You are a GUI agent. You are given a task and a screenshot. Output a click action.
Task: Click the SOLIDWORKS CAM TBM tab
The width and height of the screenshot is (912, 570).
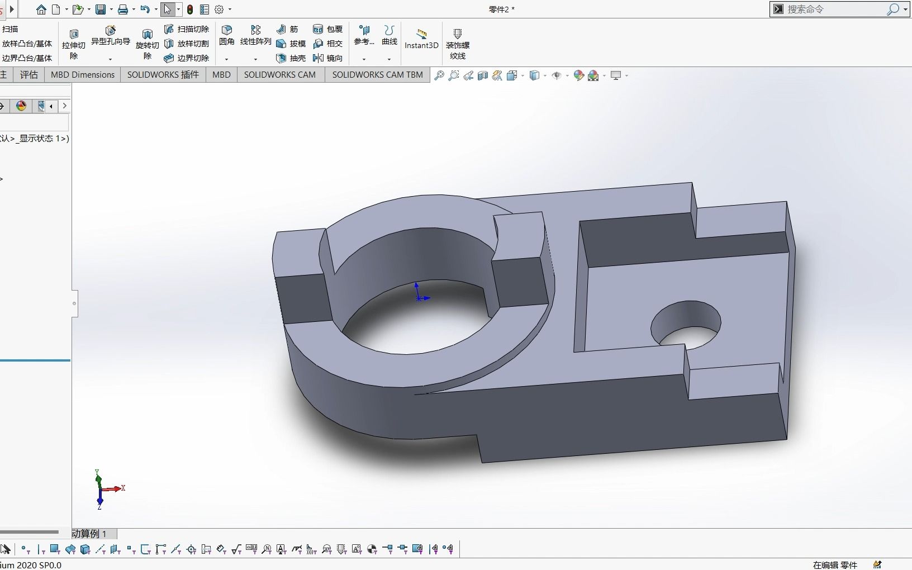tap(377, 75)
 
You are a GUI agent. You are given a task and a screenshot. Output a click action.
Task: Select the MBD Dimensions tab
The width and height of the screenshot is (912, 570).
tap(83, 75)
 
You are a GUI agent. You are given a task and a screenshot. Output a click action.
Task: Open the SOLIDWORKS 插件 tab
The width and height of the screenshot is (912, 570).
tap(163, 75)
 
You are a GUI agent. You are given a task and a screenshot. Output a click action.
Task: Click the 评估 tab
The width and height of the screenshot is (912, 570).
tap(29, 75)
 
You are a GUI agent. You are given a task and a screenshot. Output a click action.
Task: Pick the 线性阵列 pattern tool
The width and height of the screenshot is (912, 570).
tap(255, 35)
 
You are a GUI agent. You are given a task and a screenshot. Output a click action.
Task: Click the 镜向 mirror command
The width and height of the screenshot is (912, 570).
tap(328, 58)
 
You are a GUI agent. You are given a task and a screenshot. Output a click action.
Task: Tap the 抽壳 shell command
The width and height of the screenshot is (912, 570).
tap(291, 58)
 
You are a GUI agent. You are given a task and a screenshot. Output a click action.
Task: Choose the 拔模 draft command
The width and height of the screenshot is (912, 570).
tap(291, 44)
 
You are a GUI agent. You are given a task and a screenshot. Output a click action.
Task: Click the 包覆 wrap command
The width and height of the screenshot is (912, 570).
tap(328, 29)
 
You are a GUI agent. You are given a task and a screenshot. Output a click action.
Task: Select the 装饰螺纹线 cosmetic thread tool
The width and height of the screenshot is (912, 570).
tap(458, 44)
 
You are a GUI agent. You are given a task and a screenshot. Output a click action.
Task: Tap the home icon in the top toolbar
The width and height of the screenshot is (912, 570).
tap(41, 9)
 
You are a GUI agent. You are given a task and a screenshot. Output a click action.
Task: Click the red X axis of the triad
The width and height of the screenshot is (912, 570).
tap(115, 489)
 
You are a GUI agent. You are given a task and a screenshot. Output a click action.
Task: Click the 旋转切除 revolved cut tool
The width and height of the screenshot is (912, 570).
tap(148, 44)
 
